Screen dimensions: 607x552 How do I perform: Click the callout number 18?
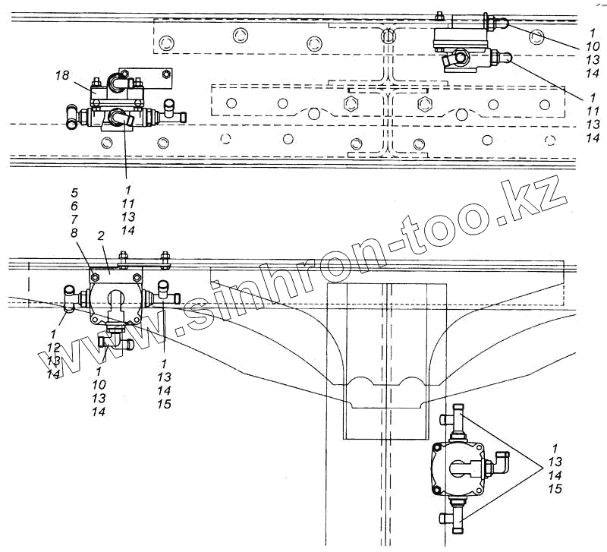coord(62,75)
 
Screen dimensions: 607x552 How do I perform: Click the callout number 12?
coord(53,347)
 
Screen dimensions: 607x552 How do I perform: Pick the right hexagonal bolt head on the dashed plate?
coord(424,103)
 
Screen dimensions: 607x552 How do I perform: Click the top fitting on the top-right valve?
coord(496,25)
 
